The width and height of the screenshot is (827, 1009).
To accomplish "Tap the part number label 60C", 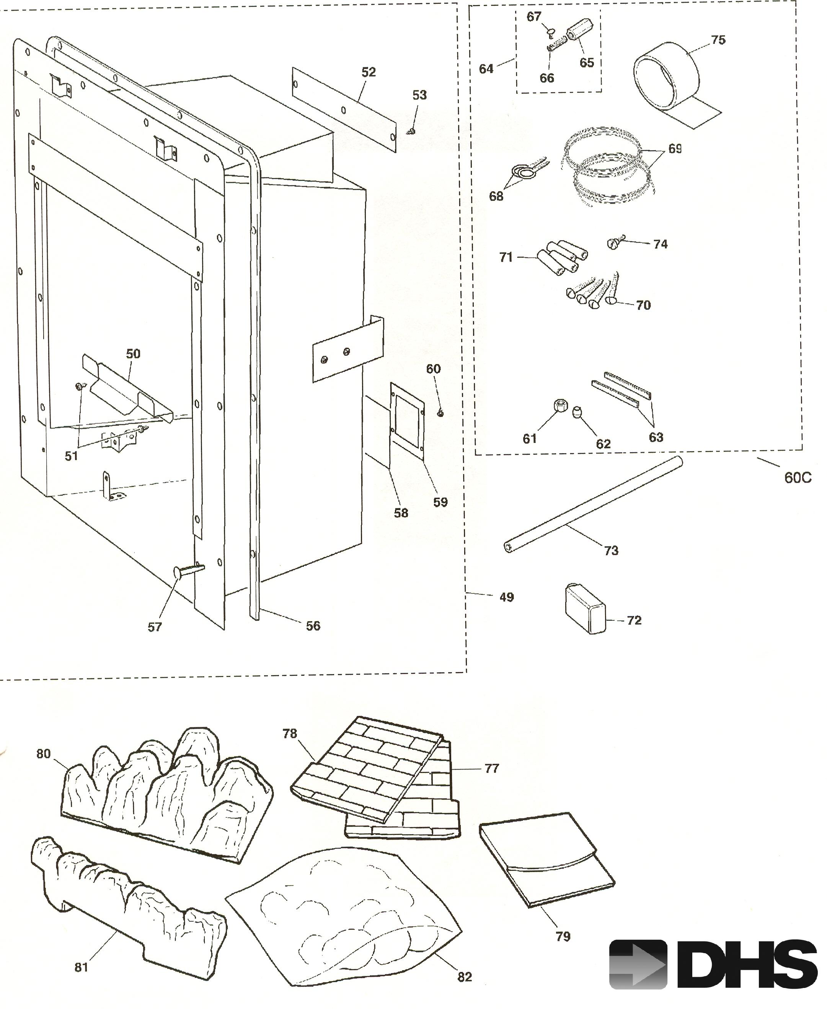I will (798, 478).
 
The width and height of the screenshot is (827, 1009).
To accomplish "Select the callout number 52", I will (368, 72).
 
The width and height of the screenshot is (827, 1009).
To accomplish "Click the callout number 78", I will (290, 734).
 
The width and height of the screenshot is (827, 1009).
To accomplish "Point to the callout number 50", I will (134, 353).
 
